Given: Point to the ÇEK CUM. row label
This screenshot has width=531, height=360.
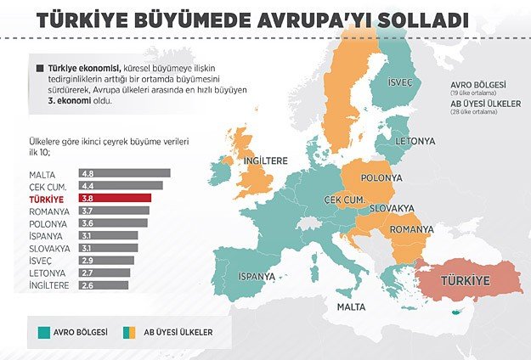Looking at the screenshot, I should click(36, 185).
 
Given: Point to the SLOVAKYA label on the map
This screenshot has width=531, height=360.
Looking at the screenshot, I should click(393, 208).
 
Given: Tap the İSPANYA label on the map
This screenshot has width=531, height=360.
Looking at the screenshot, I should click(256, 276).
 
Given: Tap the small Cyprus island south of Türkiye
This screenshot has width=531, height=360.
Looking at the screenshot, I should click(460, 312).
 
